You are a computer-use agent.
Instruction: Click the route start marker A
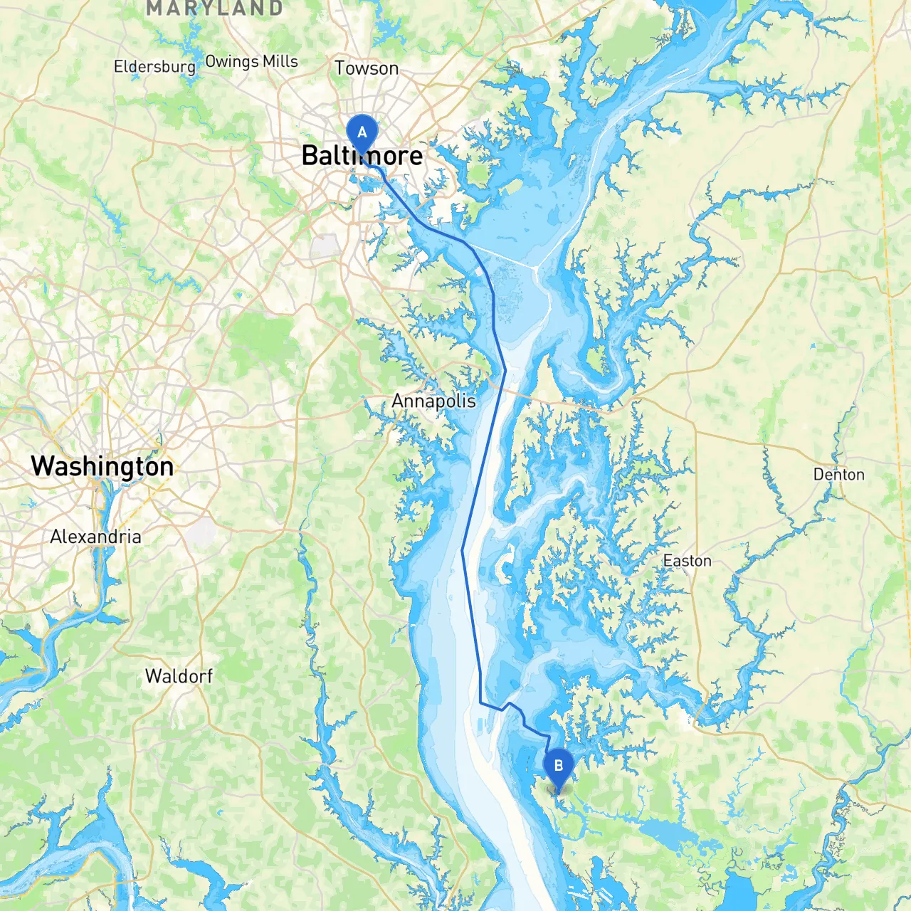(362, 132)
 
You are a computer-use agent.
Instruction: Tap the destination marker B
(558, 767)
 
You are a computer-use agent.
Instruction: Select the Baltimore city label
(362, 156)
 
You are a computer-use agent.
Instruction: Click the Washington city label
(102, 466)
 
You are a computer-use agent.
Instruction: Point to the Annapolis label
(433, 401)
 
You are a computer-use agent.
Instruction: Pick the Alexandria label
(95, 537)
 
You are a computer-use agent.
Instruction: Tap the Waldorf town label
(179, 676)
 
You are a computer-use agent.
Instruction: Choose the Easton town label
(687, 561)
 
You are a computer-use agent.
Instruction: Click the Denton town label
(838, 475)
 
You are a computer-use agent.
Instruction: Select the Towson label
(367, 68)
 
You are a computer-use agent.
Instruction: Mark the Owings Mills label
(251, 62)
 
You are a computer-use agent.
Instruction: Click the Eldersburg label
(154, 67)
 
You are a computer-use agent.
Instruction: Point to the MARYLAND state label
(214, 9)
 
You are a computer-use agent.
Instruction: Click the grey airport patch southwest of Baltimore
(325, 246)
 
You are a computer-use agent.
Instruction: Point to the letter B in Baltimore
(310, 156)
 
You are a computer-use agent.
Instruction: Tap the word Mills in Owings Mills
(280, 62)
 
